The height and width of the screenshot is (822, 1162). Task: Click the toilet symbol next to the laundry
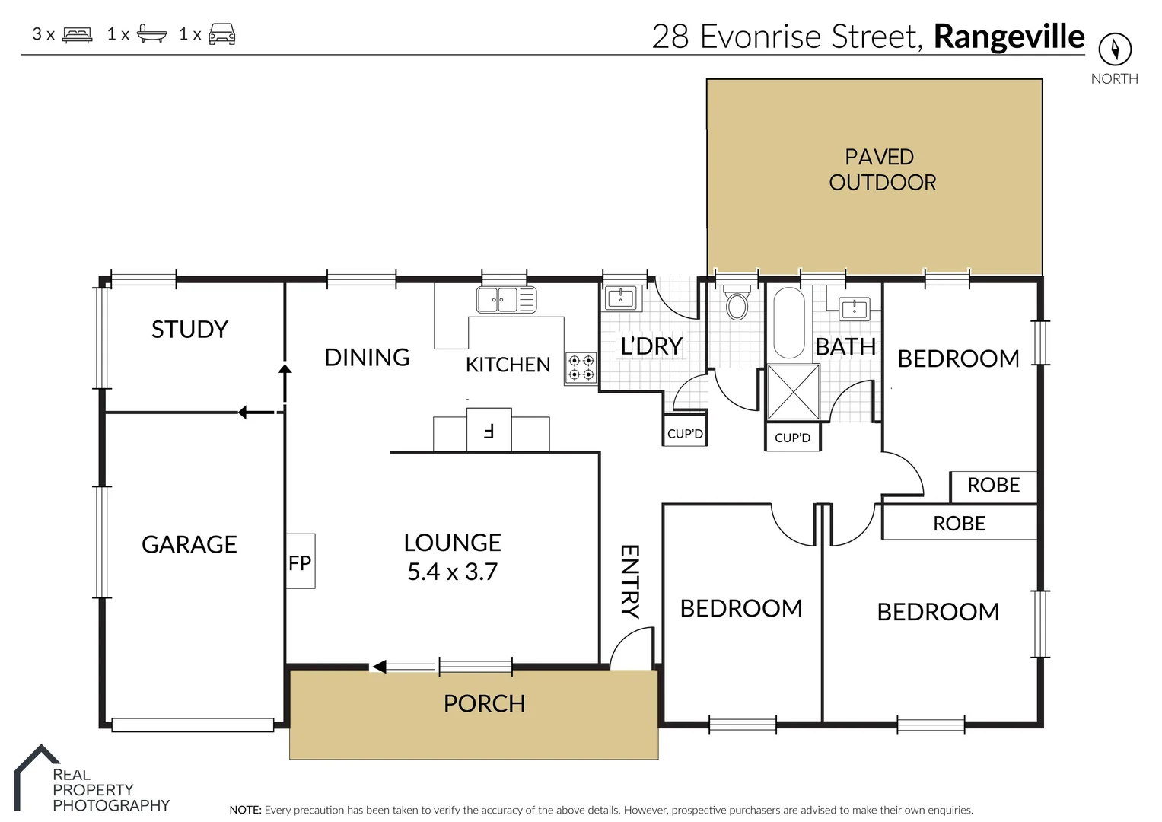pyautogui.click(x=737, y=303)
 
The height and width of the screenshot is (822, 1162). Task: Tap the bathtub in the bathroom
pyautogui.click(x=788, y=322)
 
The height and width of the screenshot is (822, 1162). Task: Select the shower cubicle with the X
pyautogui.click(x=793, y=392)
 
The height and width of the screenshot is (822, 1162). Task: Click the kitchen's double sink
pyautogui.click(x=506, y=300)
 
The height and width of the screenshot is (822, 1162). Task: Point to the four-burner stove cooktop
pyautogui.click(x=581, y=368)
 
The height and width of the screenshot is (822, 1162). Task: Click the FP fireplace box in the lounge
pyautogui.click(x=301, y=561)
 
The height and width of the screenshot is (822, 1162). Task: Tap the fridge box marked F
pyautogui.click(x=489, y=429)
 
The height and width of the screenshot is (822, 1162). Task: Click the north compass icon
pyautogui.click(x=1115, y=49)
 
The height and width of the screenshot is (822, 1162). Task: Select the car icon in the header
pyautogui.click(x=222, y=34)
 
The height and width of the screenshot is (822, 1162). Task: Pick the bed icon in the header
pyautogui.click(x=78, y=35)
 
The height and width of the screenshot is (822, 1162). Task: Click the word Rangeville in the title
pyautogui.click(x=1009, y=37)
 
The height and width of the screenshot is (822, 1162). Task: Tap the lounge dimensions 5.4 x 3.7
pyautogui.click(x=452, y=572)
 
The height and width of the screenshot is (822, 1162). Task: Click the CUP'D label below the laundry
pyautogui.click(x=685, y=433)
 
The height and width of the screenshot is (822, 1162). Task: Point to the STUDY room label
pyautogui.click(x=190, y=329)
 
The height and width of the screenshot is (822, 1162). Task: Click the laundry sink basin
pyautogui.click(x=620, y=298)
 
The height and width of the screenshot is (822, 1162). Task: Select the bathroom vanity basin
pyautogui.click(x=854, y=308)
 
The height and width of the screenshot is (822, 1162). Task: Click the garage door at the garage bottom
pyautogui.click(x=193, y=725)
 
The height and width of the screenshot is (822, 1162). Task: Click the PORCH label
pyautogui.click(x=485, y=704)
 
